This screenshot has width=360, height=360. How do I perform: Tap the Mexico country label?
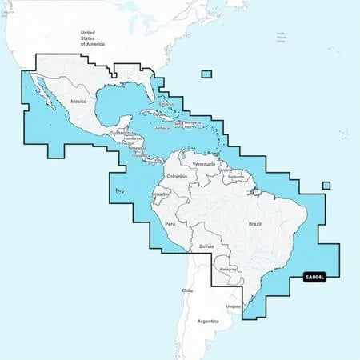point(78,102)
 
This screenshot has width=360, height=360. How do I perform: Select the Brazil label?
point(256,203)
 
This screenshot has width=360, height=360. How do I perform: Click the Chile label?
point(188,290)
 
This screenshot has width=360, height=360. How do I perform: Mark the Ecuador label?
point(160,194)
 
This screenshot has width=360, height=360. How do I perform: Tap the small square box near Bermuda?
point(206,74)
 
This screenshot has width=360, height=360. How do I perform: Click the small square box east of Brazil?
point(326,186)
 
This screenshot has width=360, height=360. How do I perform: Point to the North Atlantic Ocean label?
point(281,37)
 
